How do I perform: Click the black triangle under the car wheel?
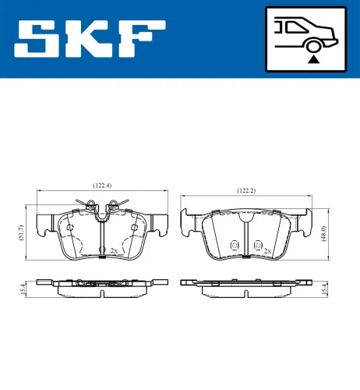[x=313, y=58]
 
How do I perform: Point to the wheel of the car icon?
[x=313, y=44]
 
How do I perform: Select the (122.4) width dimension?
[x=102, y=185]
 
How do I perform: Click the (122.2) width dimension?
[x=247, y=190]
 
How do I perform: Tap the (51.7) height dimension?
[x=21, y=232]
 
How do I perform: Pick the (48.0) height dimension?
[x=322, y=233]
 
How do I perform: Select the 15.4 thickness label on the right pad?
[x=322, y=289]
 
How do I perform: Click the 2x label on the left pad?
[x=114, y=250]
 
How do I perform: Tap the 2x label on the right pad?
[x=267, y=250]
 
